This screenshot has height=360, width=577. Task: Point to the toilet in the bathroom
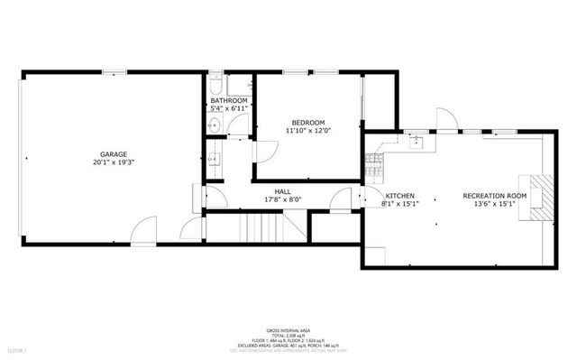214,84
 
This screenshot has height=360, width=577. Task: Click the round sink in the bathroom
213,125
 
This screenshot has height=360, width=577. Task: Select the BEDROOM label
307,122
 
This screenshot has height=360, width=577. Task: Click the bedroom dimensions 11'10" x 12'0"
307,131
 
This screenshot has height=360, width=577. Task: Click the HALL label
282,191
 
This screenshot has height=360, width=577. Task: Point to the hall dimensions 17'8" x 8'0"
282,199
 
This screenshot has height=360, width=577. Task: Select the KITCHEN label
399,195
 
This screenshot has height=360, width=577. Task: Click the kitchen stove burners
374,164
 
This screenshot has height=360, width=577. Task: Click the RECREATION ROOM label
494,195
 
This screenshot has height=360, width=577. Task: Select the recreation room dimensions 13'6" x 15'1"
494,204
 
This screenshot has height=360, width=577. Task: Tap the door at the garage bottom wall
142,233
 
